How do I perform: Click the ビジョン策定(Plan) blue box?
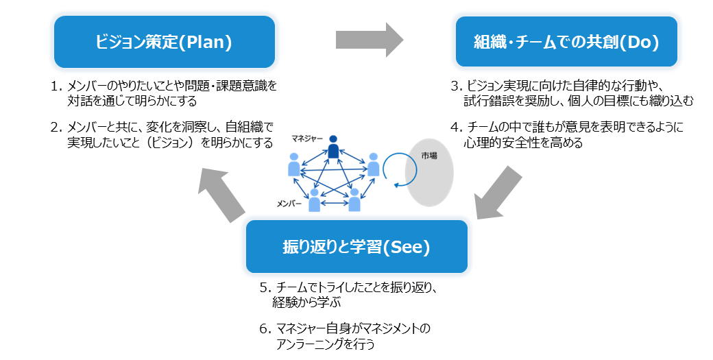tap(164, 42)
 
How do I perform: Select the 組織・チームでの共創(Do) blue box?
tap(566, 42)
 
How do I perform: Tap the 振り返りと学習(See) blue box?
tap(356, 247)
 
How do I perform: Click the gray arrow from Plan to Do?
tap(370, 40)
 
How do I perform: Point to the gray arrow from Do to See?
tap(498, 193)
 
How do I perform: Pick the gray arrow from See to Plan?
tap(222, 194)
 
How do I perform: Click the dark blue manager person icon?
tap(333, 147)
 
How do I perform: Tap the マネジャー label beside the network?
tap(307, 139)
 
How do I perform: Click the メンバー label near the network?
tap(289, 204)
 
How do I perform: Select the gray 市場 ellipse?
tap(429, 173)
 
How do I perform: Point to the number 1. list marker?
tap(56, 86)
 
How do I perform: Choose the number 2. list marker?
tap(56, 128)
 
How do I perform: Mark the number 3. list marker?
tap(456, 86)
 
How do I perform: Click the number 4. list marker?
tap(456, 128)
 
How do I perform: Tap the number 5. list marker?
tap(265, 287)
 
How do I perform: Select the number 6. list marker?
tap(265, 328)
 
